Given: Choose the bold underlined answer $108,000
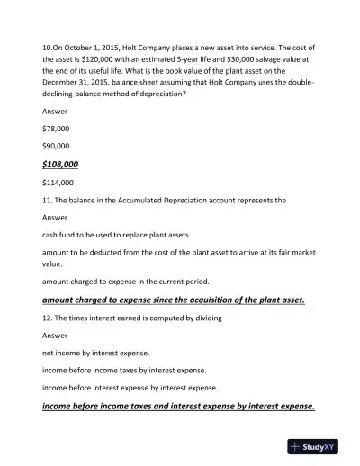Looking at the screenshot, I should click(60, 164).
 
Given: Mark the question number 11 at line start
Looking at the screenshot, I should click(48, 200).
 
